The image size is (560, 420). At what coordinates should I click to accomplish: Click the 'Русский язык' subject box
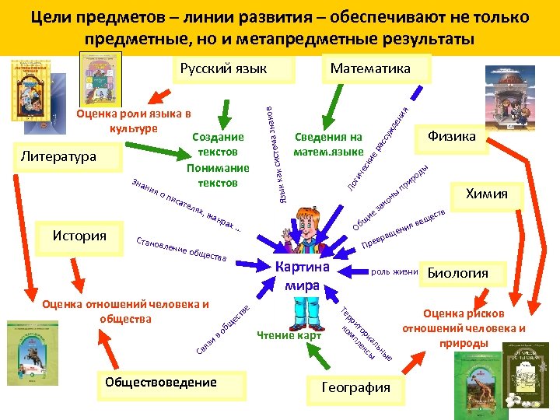point(223,68)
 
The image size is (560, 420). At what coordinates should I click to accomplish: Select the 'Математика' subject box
point(370,68)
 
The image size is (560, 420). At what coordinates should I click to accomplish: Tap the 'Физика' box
point(452,137)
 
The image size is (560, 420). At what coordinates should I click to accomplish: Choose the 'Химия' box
point(487,194)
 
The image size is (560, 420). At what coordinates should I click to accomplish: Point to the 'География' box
point(355,387)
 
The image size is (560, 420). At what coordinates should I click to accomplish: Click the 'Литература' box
point(58,156)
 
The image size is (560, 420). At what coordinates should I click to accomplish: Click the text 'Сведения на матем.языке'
point(328,144)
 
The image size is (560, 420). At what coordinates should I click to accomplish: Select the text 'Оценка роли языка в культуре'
point(133,121)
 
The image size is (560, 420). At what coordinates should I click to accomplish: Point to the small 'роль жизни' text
point(394,272)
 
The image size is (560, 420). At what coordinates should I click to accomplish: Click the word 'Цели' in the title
point(53,16)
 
